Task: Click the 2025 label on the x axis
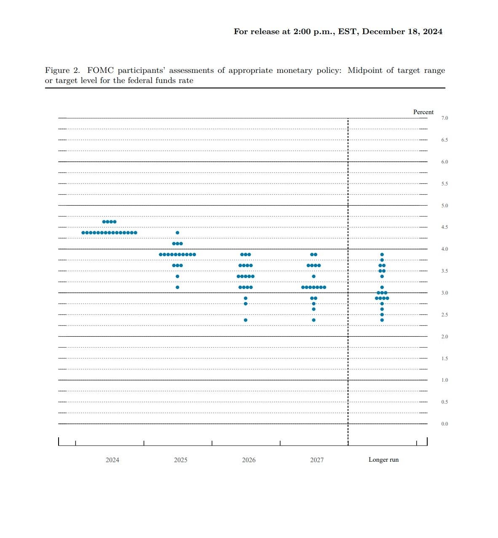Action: (180, 460)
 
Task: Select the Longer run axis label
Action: (383, 460)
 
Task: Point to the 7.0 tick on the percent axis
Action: (444, 118)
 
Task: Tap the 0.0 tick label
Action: (444, 424)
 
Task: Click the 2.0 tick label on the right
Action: (444, 337)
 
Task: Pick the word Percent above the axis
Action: (423, 112)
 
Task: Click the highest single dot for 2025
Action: (177, 233)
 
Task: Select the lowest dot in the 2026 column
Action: (246, 320)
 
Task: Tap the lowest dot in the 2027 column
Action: (313, 320)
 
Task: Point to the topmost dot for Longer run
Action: (382, 254)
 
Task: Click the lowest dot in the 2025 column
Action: (177, 287)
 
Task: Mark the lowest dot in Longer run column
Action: (382, 320)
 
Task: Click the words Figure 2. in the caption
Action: (62, 70)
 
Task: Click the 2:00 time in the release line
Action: (302, 32)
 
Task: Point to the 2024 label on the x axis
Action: (112, 460)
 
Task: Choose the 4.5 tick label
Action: (444, 227)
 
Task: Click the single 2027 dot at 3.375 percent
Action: (313, 276)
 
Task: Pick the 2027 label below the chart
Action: (317, 460)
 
